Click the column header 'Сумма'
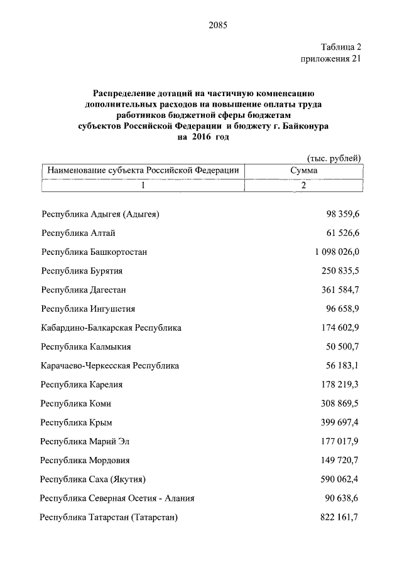pos(303,170)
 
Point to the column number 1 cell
pos(143,185)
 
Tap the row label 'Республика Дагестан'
pos(84,289)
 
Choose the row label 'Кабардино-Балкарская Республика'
pos(111,328)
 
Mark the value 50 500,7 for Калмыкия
pos(343,346)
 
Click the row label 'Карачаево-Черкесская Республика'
pos(110,365)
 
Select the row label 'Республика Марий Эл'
pos(85,441)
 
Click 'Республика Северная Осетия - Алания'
pos(117,498)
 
